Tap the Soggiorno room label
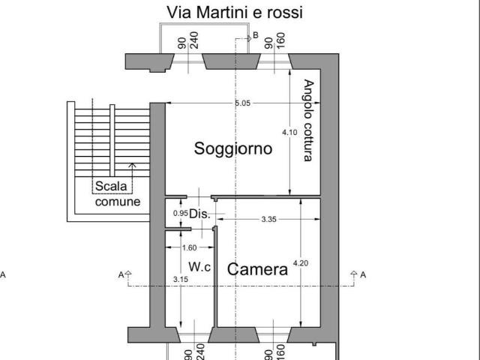232,148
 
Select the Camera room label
257,269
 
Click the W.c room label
199,266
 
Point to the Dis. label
199,214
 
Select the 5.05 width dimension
242,103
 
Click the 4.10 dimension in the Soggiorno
289,133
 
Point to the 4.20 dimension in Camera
300,262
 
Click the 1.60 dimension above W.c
189,247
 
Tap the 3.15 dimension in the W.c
180,280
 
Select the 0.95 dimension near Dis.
180,213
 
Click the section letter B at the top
256,34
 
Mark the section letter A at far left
3,274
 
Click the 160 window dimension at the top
280,41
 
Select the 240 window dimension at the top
193,41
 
